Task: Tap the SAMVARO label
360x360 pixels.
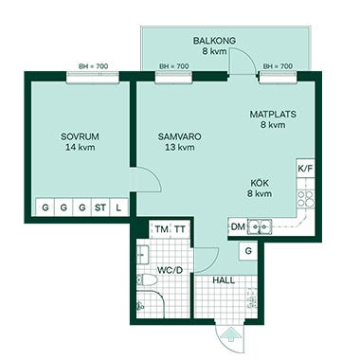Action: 180,136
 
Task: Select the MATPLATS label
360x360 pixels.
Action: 273,114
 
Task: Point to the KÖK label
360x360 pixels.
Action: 260,183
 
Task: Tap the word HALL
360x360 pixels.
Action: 224,280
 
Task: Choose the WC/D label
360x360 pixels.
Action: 171,270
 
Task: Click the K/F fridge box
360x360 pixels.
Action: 305,169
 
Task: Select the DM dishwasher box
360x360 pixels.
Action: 238,226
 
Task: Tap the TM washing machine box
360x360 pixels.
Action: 161,229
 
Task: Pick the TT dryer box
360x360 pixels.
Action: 180,229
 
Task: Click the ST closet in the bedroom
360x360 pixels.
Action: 100,207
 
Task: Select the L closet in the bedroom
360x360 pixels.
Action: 118,207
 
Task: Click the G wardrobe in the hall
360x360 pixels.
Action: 248,251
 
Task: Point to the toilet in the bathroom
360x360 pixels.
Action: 147,279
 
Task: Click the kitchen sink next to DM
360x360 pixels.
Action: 260,226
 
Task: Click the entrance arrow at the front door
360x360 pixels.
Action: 231,334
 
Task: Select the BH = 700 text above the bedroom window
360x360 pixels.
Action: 94,66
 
